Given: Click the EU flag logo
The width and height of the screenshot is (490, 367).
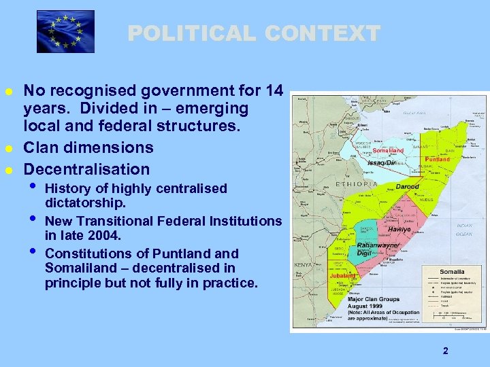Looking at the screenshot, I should (65, 32).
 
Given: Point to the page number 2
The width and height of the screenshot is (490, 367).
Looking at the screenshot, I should (445, 351).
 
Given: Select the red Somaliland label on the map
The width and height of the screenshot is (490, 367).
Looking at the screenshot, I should (389, 150).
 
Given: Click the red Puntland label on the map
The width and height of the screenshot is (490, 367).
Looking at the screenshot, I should (437, 159).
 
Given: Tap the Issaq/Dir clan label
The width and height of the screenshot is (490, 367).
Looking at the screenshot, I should (382, 163).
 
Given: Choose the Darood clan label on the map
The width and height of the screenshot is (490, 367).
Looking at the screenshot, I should (408, 186).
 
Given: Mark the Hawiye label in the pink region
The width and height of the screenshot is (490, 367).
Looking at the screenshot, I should (399, 230).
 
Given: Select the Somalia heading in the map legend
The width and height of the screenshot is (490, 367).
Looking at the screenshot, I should (452, 272).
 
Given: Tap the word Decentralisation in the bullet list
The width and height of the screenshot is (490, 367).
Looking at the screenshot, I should (86, 169).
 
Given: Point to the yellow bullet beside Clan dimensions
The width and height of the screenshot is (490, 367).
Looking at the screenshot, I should (8, 148).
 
